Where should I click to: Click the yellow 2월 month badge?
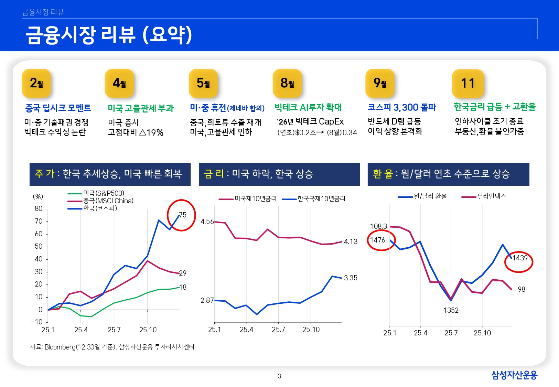click(36, 83)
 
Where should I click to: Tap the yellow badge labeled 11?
click(468, 84)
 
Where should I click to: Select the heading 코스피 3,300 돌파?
click(401, 107)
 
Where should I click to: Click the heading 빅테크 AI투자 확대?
click(308, 107)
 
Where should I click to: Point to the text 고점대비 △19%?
click(136, 132)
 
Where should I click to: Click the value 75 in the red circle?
click(183, 215)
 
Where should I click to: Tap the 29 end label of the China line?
click(183, 273)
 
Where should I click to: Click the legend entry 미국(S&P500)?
click(104, 193)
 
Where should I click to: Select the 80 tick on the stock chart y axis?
click(39, 208)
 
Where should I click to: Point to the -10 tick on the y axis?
click(37, 322)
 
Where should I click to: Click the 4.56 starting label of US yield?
click(207, 222)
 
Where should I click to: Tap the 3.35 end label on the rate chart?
click(351, 278)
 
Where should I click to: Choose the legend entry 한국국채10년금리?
click(321, 198)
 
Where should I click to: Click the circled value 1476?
click(378, 240)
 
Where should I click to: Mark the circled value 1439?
click(520, 258)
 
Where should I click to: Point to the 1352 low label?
click(451, 310)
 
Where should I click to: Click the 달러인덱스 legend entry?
click(491, 196)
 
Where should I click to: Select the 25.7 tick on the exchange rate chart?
click(451, 333)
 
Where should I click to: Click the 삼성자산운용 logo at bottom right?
click(514, 375)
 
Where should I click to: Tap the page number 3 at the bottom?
click(279, 376)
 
